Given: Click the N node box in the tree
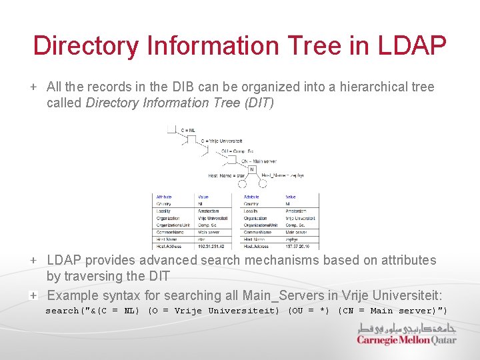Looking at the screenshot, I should click(x=252, y=169).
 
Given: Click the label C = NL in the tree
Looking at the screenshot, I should click(x=188, y=130).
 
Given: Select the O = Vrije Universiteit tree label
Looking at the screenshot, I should click(x=221, y=141).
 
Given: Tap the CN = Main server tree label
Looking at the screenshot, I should click(x=259, y=161).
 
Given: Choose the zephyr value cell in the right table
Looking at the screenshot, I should click(x=293, y=239).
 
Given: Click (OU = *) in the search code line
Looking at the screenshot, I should click(x=309, y=311).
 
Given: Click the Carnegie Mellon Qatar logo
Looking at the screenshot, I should click(x=407, y=334).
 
